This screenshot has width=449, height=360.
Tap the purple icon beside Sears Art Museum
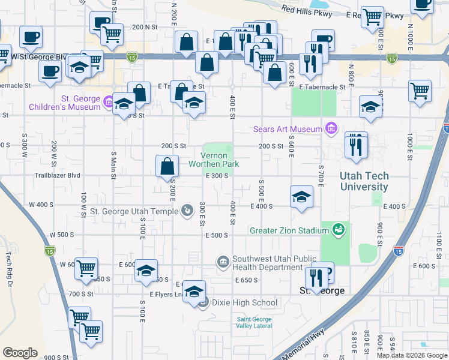(330, 128)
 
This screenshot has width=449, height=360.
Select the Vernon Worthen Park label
(214, 160)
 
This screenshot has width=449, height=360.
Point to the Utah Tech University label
(364, 181)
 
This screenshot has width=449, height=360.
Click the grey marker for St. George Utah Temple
(188, 211)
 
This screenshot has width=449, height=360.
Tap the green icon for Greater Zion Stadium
(339, 229)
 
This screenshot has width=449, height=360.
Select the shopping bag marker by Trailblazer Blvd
(167, 166)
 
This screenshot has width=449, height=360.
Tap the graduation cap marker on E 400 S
(301, 196)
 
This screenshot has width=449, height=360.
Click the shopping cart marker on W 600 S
(86, 268)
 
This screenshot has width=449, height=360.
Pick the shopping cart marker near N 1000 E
(420, 91)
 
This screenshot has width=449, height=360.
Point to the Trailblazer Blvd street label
(57, 176)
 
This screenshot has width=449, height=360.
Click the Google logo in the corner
(20, 353)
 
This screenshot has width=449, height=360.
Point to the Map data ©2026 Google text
(411, 355)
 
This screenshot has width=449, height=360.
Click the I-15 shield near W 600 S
(49, 249)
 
